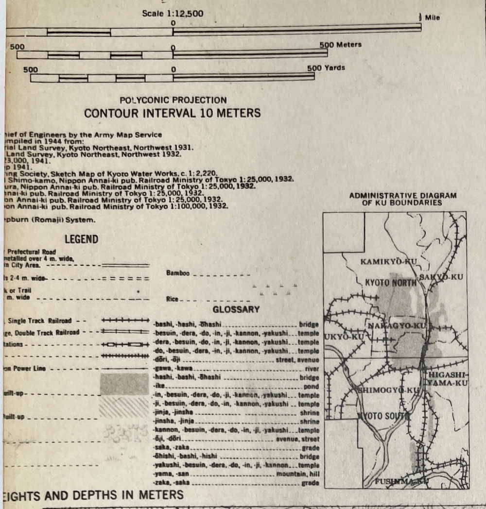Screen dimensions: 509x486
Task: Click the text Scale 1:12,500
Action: (173, 14)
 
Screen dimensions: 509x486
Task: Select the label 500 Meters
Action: (341, 45)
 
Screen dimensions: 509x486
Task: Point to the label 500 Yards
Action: (326, 68)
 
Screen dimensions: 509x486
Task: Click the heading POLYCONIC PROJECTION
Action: (173, 100)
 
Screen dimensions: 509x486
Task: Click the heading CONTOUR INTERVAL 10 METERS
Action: (173, 114)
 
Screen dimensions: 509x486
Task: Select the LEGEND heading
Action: (81, 239)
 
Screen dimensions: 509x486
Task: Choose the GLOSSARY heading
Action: (236, 309)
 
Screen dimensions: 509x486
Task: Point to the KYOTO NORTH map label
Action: (391, 282)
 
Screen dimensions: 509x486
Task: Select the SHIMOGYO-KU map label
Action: (389, 390)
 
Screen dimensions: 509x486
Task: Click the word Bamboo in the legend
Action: (178, 273)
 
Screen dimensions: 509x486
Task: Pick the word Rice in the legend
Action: (172, 300)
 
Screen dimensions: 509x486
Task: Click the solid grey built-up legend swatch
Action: (124, 384)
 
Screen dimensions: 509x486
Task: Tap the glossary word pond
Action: (311, 387)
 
